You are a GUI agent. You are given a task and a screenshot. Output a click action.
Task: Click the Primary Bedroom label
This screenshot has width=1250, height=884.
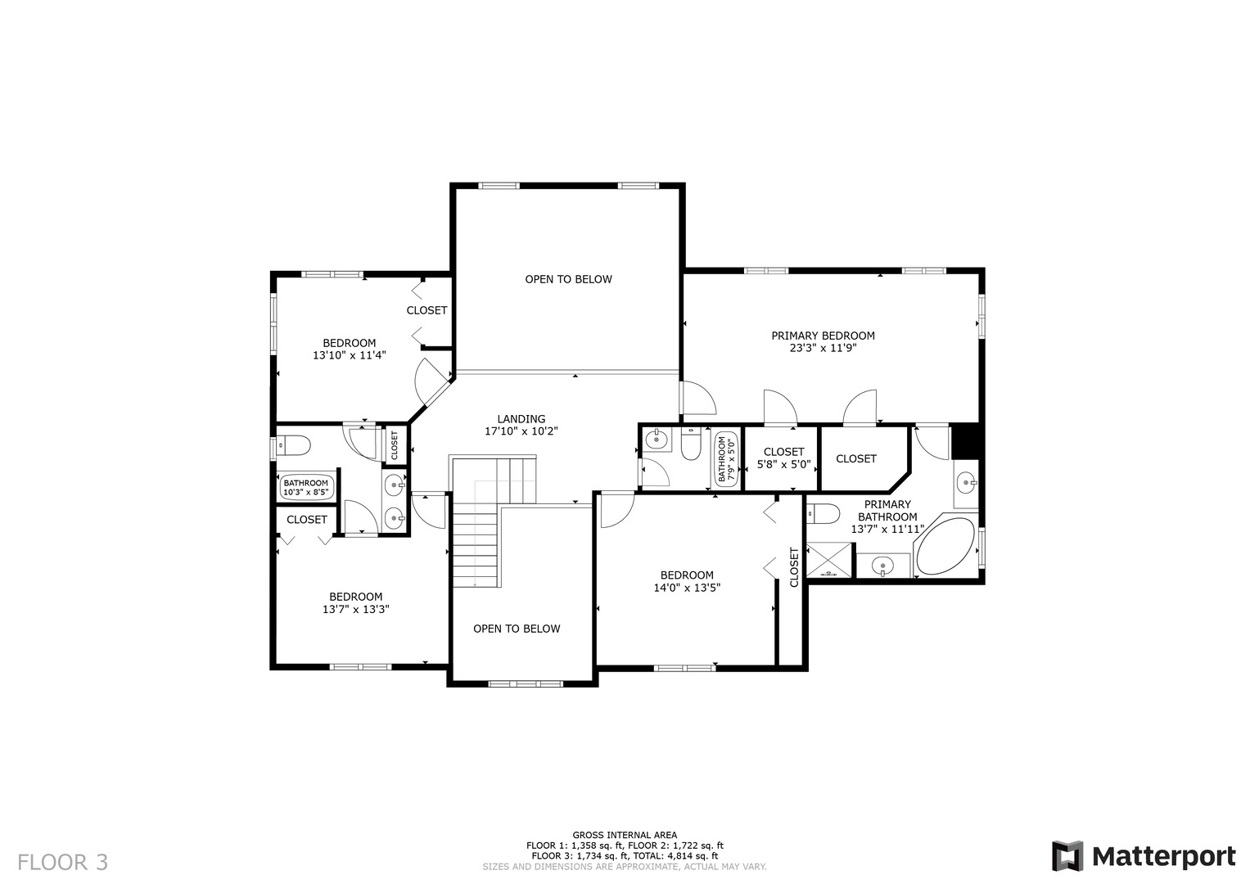[823, 336]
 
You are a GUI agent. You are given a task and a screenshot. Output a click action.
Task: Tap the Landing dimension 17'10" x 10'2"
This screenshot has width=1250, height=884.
[521, 431]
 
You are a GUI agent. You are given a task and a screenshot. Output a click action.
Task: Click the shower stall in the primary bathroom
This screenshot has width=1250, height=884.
[828, 560]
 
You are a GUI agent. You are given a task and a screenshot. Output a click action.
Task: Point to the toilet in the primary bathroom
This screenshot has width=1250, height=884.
[824, 513]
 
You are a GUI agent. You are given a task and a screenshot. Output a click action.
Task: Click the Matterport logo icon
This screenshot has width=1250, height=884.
[1067, 855]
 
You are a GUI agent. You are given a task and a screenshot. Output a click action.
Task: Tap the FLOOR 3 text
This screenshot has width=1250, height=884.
[62, 862]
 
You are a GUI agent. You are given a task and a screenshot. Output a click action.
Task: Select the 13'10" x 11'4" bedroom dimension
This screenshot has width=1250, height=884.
[350, 355]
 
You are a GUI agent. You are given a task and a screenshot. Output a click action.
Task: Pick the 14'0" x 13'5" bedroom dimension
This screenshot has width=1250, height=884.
[687, 587]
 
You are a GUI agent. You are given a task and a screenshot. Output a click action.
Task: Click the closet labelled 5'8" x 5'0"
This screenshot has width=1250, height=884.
[783, 458]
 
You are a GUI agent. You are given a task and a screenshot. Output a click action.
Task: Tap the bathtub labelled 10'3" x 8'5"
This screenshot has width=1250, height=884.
[306, 488]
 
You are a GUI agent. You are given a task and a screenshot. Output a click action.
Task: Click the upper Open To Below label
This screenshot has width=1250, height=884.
[569, 279]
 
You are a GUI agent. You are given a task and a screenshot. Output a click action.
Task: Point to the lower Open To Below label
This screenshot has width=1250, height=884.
[517, 629]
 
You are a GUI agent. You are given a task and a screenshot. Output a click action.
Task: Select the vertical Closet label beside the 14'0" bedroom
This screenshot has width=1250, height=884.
[794, 567]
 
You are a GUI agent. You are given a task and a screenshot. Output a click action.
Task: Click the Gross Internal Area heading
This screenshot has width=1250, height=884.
[625, 835]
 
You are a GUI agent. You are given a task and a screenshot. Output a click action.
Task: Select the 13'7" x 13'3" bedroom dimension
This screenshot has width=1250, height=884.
[355, 610]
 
